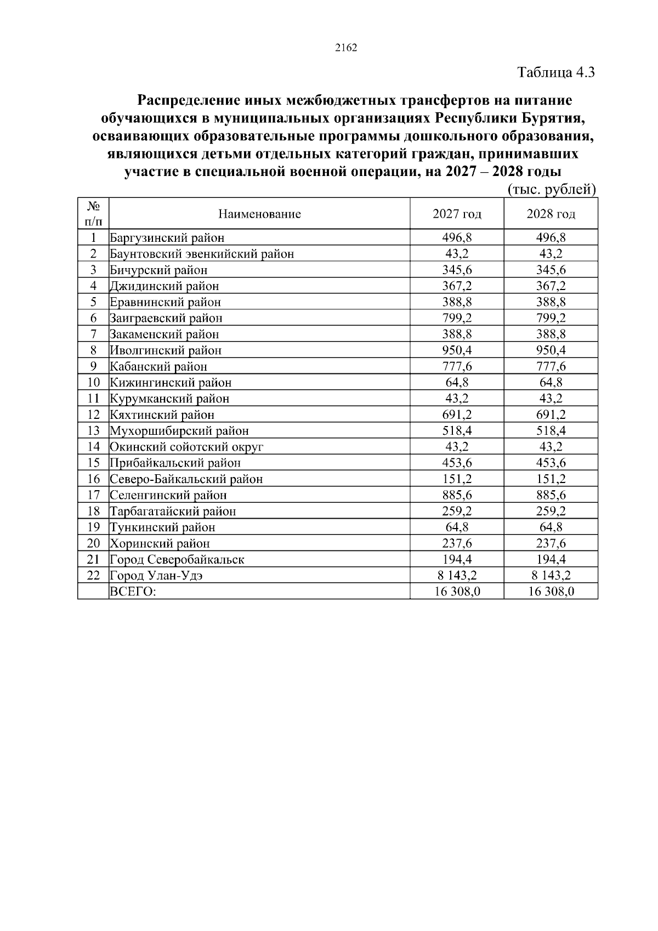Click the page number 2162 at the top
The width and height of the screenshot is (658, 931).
[345, 48]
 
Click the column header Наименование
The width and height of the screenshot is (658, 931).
[259, 214]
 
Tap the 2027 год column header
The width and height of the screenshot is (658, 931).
[457, 214]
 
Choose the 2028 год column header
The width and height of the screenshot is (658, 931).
[551, 214]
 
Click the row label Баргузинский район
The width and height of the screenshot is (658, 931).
[167, 238]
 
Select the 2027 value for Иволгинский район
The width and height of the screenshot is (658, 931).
[457, 350]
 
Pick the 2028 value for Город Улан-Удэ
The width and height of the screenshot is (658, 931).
[551, 576]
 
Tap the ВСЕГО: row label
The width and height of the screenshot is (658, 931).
[133, 592]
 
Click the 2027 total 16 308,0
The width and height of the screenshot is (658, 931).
[457, 592]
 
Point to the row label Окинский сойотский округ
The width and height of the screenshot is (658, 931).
[186, 447]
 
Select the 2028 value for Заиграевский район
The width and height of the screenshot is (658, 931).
[551, 318]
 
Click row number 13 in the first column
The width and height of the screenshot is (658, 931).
[93, 431]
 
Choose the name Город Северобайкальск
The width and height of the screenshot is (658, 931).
[177, 560]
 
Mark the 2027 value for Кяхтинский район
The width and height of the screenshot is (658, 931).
[457, 415]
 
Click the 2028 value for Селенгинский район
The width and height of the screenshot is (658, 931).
[551, 495]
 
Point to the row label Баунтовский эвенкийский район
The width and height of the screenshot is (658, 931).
[202, 254]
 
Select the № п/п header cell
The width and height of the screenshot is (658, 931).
[93, 214]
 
